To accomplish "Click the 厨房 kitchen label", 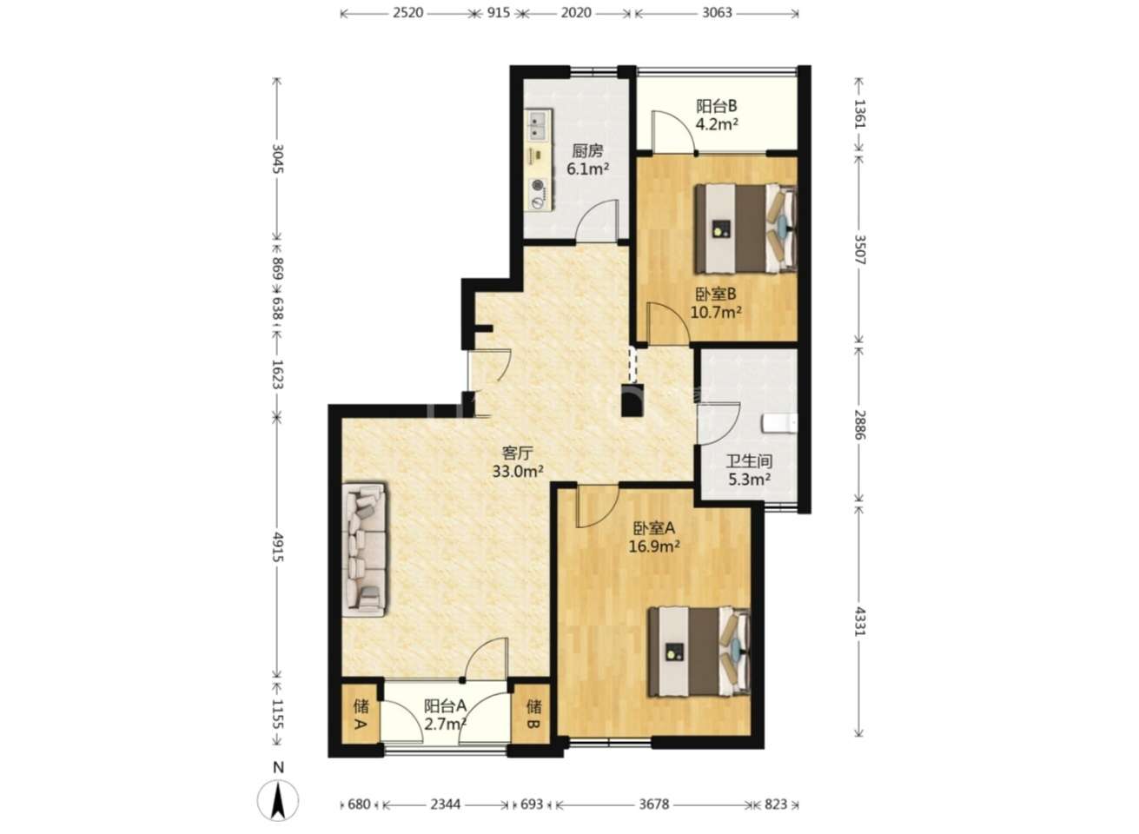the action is coord(587,150).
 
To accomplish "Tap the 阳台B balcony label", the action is coord(716,106).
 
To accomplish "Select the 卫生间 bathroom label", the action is coord(749,461).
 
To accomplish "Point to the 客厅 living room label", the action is coord(518,453).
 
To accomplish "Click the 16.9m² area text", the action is coord(654,546).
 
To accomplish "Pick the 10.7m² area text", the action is coord(715,312).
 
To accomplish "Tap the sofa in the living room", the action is coord(364,549).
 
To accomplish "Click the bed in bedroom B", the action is coord(745,228).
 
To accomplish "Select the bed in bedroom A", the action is coord(699,652).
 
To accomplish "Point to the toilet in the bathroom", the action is coord(779,423).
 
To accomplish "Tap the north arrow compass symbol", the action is coord(278,801).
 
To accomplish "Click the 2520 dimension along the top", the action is coord(407,13).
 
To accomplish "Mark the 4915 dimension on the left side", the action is coord(278,546).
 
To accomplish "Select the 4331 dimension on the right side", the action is coord(859,621).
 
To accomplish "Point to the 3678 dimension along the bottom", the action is coord(654,804).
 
